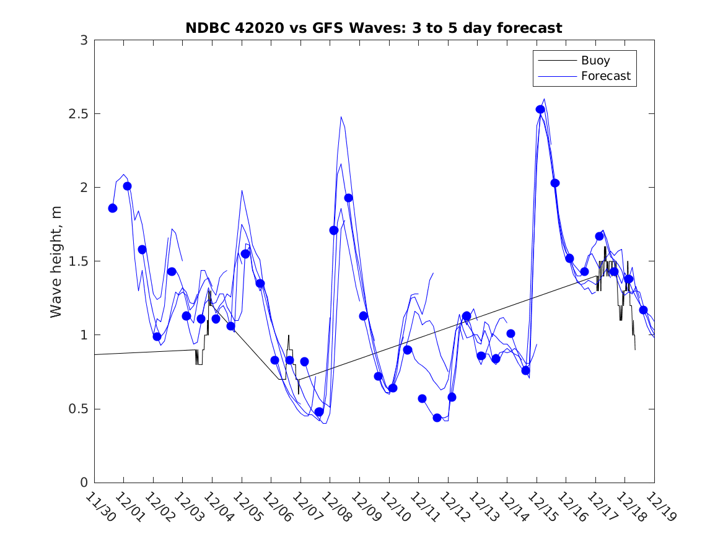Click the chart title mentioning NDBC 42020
coord(374,28)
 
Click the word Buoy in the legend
coord(595,61)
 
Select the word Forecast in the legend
coord(606,76)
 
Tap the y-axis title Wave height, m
coord(56,261)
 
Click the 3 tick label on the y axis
coord(83,40)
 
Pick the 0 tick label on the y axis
coord(83,483)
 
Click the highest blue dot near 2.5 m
coord(540,110)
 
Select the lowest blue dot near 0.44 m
coord(437,418)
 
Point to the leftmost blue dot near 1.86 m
coord(113,208)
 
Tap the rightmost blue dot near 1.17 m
coord(643,310)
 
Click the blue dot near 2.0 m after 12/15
coord(555,183)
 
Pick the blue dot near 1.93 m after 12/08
coord(348,198)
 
